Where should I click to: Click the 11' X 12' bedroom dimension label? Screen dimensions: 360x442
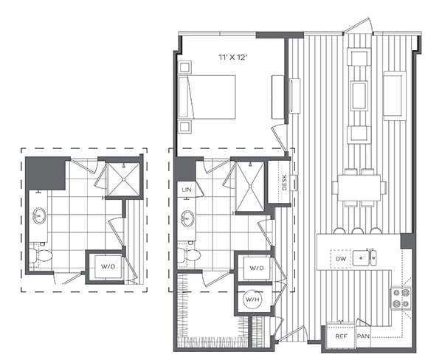[232, 56]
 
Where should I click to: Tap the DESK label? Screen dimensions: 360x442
[284, 181]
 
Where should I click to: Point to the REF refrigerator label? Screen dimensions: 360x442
[341, 335]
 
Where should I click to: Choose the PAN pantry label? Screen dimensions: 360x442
[363, 335]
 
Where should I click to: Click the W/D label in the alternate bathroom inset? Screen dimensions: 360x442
[107, 266]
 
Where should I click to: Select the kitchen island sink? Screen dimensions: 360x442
[360, 257]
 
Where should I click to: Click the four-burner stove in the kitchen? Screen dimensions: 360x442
[401, 297]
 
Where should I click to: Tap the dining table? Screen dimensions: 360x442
[359, 187]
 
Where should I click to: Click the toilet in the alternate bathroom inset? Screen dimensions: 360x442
[41, 256]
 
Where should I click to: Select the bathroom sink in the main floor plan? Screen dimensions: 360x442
[187, 218]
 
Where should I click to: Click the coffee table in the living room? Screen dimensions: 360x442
[359, 94]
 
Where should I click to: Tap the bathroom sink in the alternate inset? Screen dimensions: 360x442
[38, 217]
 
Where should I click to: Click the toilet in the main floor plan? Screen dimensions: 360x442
[188, 255]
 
